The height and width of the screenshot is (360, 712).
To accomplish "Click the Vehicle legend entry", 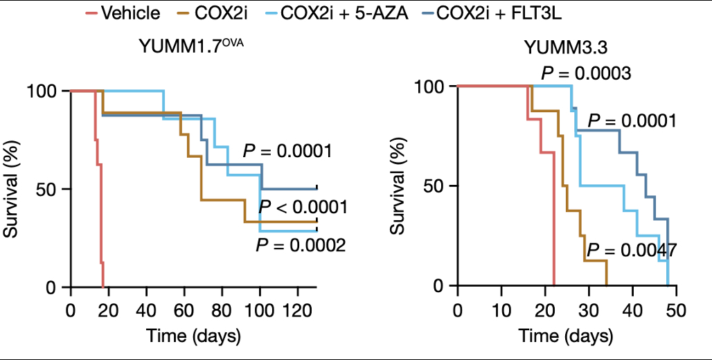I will (130, 13).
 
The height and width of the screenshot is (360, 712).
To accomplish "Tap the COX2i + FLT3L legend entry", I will (499, 13).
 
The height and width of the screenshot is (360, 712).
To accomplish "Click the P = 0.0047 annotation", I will (631, 251).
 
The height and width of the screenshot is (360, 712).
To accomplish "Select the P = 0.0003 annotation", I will (585, 73).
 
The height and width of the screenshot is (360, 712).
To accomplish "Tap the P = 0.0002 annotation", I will (300, 244).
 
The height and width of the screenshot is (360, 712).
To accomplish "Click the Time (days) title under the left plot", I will (193, 337).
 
